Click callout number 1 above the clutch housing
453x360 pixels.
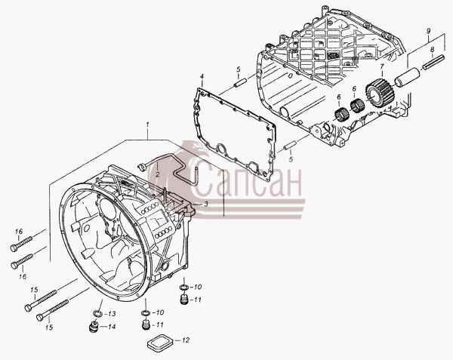point(148,125)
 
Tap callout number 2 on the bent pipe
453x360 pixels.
point(158,174)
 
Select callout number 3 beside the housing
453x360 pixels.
point(205,204)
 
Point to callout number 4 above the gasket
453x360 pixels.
point(202,76)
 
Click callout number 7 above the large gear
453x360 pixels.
point(381,66)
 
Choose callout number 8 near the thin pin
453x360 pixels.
point(432,49)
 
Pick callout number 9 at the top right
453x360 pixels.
point(428,31)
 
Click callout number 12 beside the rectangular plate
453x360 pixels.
point(186,340)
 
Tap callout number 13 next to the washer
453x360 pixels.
point(112,314)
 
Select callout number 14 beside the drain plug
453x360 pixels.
point(112,327)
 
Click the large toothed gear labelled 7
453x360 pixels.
point(378,93)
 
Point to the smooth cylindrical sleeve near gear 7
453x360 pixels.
point(407,77)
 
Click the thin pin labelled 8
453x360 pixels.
point(433,62)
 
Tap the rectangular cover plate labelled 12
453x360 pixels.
point(160,343)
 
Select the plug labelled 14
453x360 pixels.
point(93,327)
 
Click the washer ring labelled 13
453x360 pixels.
point(98,313)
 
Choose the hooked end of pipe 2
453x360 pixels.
point(142,166)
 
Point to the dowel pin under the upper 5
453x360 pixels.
point(240,82)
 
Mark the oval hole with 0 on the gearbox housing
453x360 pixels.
point(290,75)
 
